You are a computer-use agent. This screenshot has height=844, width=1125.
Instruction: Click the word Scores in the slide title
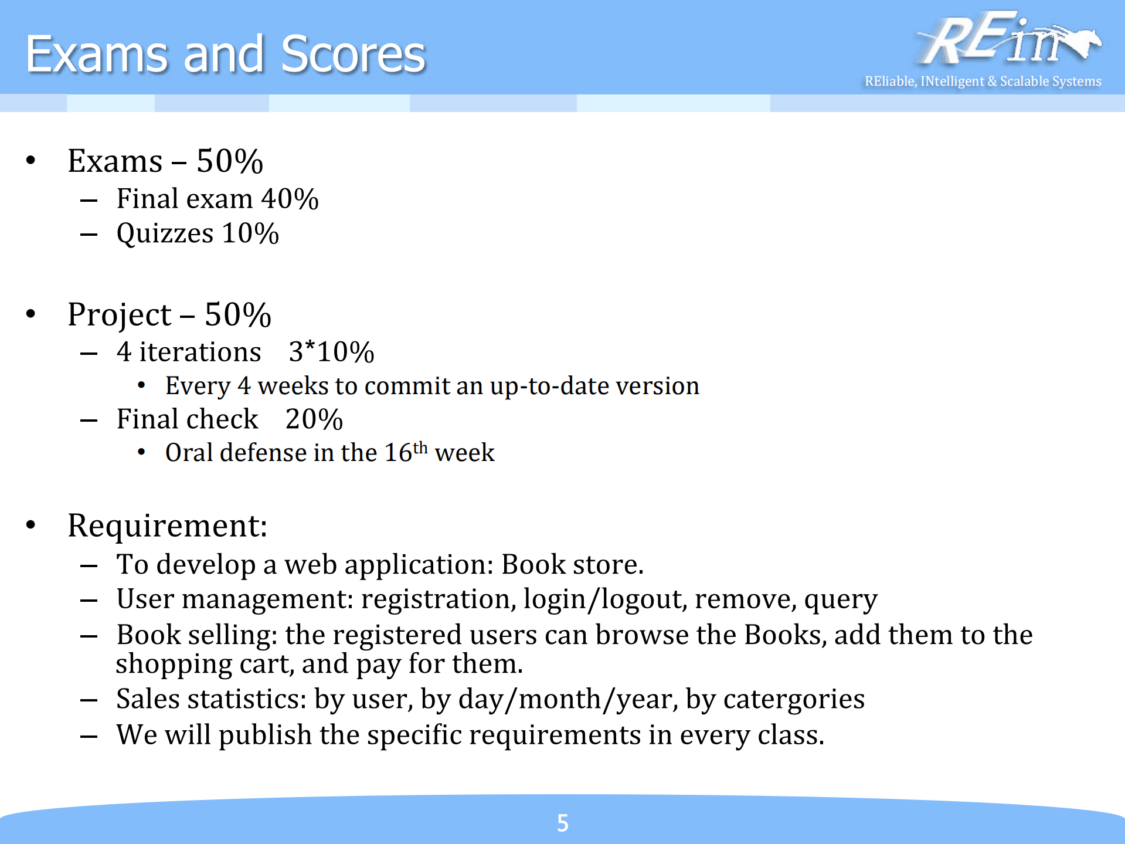coord(353,54)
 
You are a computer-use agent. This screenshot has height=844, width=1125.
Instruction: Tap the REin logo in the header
coord(1008,39)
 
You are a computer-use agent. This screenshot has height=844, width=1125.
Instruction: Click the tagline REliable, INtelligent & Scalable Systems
coord(983,81)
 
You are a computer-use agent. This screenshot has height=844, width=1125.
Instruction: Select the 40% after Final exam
coord(290,199)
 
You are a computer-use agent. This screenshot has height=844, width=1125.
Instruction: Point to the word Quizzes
coord(165,234)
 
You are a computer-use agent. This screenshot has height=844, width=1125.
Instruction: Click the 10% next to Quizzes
coord(250,233)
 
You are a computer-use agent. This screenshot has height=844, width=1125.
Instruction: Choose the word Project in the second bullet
coord(120,316)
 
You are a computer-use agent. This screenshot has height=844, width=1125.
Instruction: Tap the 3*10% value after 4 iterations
coord(331,352)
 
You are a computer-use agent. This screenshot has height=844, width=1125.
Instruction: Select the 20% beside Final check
coord(314,419)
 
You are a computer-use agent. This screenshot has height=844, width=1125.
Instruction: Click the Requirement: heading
coord(168,526)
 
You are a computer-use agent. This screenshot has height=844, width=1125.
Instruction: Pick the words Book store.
coord(573,564)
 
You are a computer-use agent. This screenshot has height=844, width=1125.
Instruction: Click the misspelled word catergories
coord(794,700)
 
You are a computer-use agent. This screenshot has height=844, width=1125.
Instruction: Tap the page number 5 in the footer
coord(563,823)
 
